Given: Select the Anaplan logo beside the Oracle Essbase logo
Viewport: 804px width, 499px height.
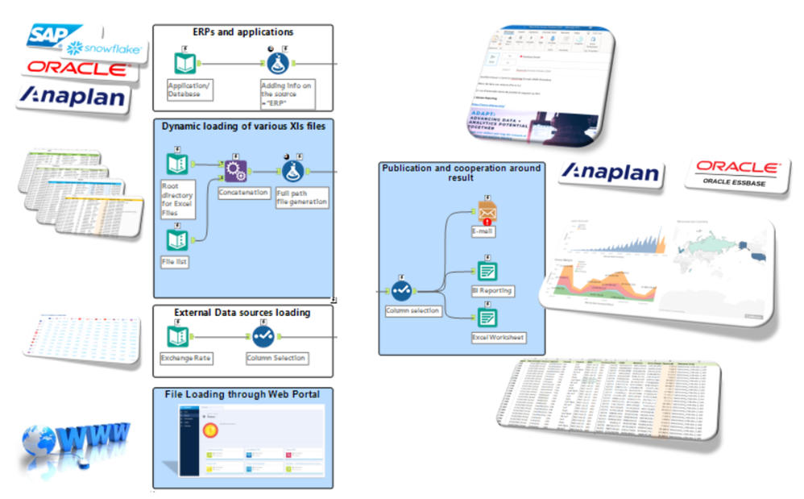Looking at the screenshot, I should pyautogui.click(x=611, y=172).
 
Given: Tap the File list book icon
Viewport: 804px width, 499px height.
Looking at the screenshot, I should pyautogui.click(x=176, y=239).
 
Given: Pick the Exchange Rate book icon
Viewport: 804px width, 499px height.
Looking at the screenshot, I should pyautogui.click(x=176, y=336).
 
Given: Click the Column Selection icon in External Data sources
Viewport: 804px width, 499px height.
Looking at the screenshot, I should pyautogui.click(x=262, y=336).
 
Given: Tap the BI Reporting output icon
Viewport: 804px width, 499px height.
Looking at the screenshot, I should pyautogui.click(x=487, y=270).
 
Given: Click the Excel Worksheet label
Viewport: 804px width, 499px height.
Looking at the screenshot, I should pyautogui.click(x=498, y=337).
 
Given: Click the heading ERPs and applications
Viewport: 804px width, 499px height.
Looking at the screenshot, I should pyautogui.click(x=242, y=32).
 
